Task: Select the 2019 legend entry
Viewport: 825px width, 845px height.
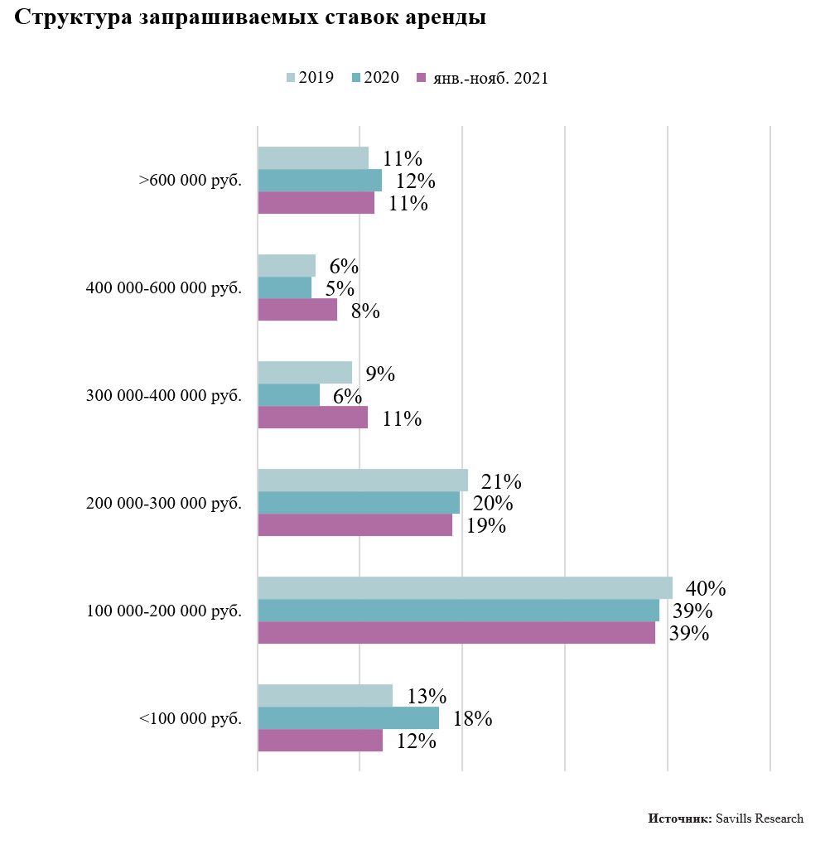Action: [311, 78]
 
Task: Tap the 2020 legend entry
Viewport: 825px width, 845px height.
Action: [375, 78]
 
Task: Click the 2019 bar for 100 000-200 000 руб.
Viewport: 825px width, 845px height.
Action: [465, 588]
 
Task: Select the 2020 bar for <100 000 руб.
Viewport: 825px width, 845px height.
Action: [348, 717]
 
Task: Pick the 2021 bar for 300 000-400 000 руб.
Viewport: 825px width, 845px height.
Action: [312, 418]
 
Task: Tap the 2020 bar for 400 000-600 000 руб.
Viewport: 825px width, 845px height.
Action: [284, 287]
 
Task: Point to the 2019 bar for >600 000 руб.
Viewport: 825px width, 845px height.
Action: [313, 157]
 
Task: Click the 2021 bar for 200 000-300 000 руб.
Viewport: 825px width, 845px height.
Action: [355, 525]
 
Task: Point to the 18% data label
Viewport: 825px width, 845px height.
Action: [473, 718]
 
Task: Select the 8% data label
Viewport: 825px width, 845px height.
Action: [365, 311]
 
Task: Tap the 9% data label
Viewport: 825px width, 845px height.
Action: [380, 374]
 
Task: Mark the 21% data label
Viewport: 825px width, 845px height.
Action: [501, 481]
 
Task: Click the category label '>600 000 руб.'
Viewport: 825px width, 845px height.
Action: [191, 180]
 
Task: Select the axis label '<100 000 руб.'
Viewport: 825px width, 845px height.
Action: [191, 718]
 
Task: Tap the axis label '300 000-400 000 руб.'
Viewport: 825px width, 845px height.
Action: [164, 395]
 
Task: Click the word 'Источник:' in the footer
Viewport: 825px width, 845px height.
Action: [679, 818]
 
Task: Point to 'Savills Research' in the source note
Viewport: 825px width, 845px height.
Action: [760, 818]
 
